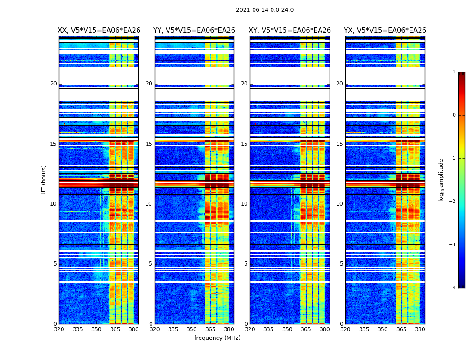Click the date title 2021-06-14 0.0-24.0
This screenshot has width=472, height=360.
click(x=265, y=10)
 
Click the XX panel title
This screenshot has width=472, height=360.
click(x=99, y=31)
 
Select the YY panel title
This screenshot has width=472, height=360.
click(x=194, y=31)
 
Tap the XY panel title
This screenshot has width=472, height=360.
click(x=289, y=31)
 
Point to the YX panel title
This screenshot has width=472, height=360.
click(x=385, y=31)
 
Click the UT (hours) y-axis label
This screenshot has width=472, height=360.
click(x=44, y=180)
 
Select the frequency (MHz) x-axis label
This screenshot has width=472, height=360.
click(x=217, y=338)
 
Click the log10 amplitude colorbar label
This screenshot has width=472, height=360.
click(x=441, y=180)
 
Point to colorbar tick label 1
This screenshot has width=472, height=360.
click(x=454, y=72)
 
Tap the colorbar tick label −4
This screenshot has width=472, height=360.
click(x=453, y=288)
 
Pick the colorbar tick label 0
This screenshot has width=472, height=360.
click(x=454, y=115)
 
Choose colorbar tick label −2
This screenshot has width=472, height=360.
click(x=453, y=202)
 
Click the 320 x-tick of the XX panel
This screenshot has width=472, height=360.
click(x=59, y=329)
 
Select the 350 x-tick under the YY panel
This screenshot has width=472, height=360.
click(x=192, y=329)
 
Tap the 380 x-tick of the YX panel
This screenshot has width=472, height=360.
click(x=420, y=329)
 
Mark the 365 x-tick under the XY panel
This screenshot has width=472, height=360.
click(x=306, y=329)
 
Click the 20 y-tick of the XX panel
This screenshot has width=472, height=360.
click(x=53, y=84)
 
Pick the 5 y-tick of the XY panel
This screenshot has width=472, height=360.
click(x=246, y=264)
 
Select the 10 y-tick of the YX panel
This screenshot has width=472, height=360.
click(x=339, y=204)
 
